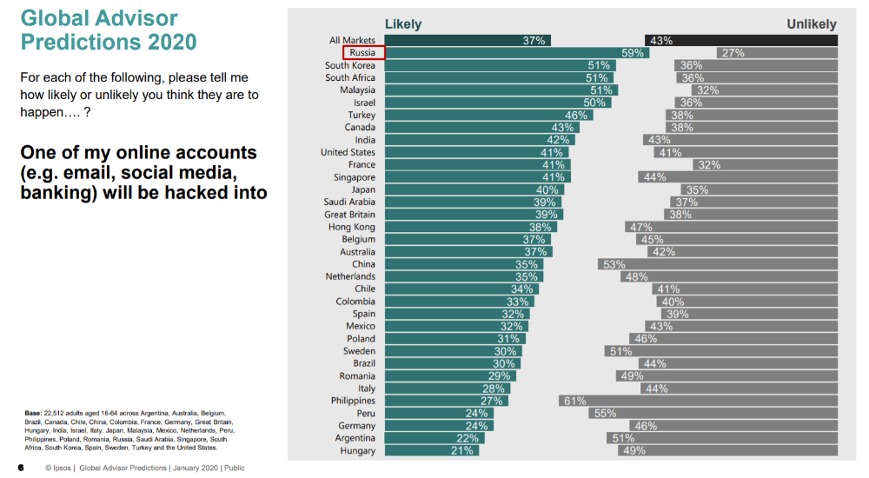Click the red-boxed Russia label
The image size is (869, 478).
point(362,53)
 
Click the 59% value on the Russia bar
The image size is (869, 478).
point(632,53)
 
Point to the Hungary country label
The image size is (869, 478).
point(358,450)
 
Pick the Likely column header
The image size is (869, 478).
point(403,24)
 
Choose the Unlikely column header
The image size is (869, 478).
point(812,24)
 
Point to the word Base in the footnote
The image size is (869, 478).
point(33,413)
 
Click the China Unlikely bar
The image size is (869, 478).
point(717,264)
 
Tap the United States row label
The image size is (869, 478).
point(348,152)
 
